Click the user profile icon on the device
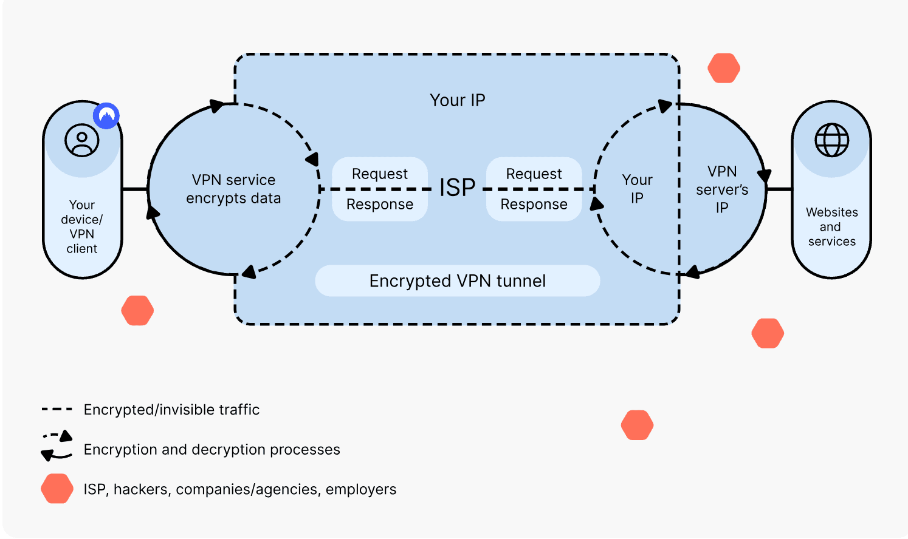coord(82,140)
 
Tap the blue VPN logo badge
coord(106,115)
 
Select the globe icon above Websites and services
coord(831,140)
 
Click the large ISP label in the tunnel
coord(457,188)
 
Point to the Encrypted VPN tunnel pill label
coord(457,281)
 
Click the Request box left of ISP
coord(380,174)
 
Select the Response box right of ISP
coord(534,205)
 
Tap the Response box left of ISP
coord(380,205)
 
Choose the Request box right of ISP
coord(534,174)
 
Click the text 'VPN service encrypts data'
coord(233,189)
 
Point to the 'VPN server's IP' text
coord(722,189)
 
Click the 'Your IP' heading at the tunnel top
coord(457,100)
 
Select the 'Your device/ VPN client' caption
coord(82,227)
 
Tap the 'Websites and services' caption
coord(831,227)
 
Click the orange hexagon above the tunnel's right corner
coord(724,68)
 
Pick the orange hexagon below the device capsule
coord(137,311)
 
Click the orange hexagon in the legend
coord(57,489)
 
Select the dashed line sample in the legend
coord(57,410)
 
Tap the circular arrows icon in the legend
coord(57,446)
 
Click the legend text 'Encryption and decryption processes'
coord(212,450)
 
